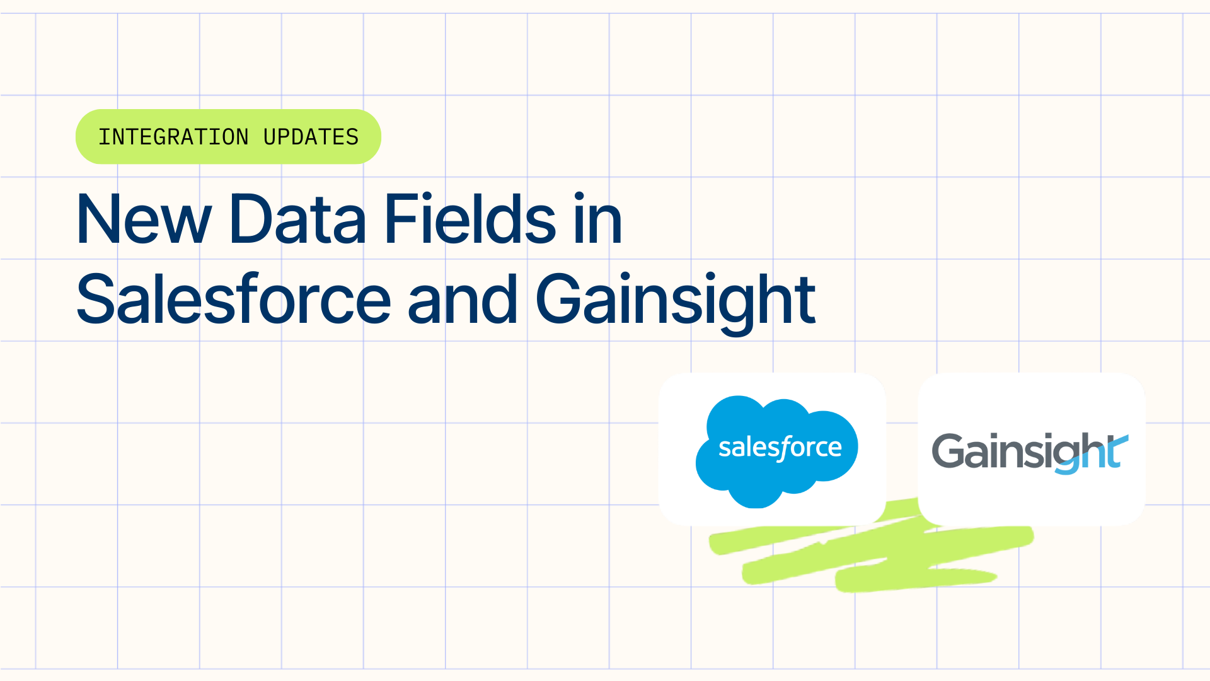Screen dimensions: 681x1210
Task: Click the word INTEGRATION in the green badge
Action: (173, 137)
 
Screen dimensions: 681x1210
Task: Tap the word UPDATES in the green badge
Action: (311, 137)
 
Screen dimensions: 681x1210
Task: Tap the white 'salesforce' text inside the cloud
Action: (780, 448)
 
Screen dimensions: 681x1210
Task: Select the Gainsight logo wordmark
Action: (1030, 451)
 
